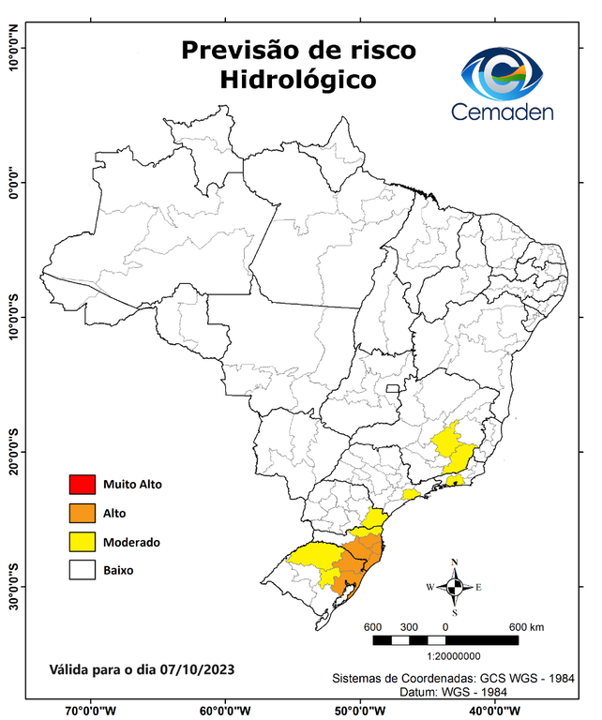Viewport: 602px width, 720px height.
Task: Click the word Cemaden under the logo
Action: [x=503, y=112]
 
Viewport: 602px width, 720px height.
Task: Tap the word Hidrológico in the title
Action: [x=298, y=80]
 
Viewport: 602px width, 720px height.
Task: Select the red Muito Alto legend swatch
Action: [x=82, y=485]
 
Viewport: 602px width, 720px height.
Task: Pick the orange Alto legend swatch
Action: [x=82, y=513]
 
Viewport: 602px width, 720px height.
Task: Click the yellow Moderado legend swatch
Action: [x=82, y=542]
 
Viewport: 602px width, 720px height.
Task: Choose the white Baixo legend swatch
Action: [x=82, y=570]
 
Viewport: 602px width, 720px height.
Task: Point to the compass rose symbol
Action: [x=454, y=588]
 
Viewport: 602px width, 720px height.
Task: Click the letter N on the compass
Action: [x=455, y=562]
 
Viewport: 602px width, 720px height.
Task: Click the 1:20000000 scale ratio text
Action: [x=455, y=656]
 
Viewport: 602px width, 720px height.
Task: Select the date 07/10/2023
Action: [x=196, y=670]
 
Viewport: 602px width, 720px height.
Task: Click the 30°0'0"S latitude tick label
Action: [x=14, y=587]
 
